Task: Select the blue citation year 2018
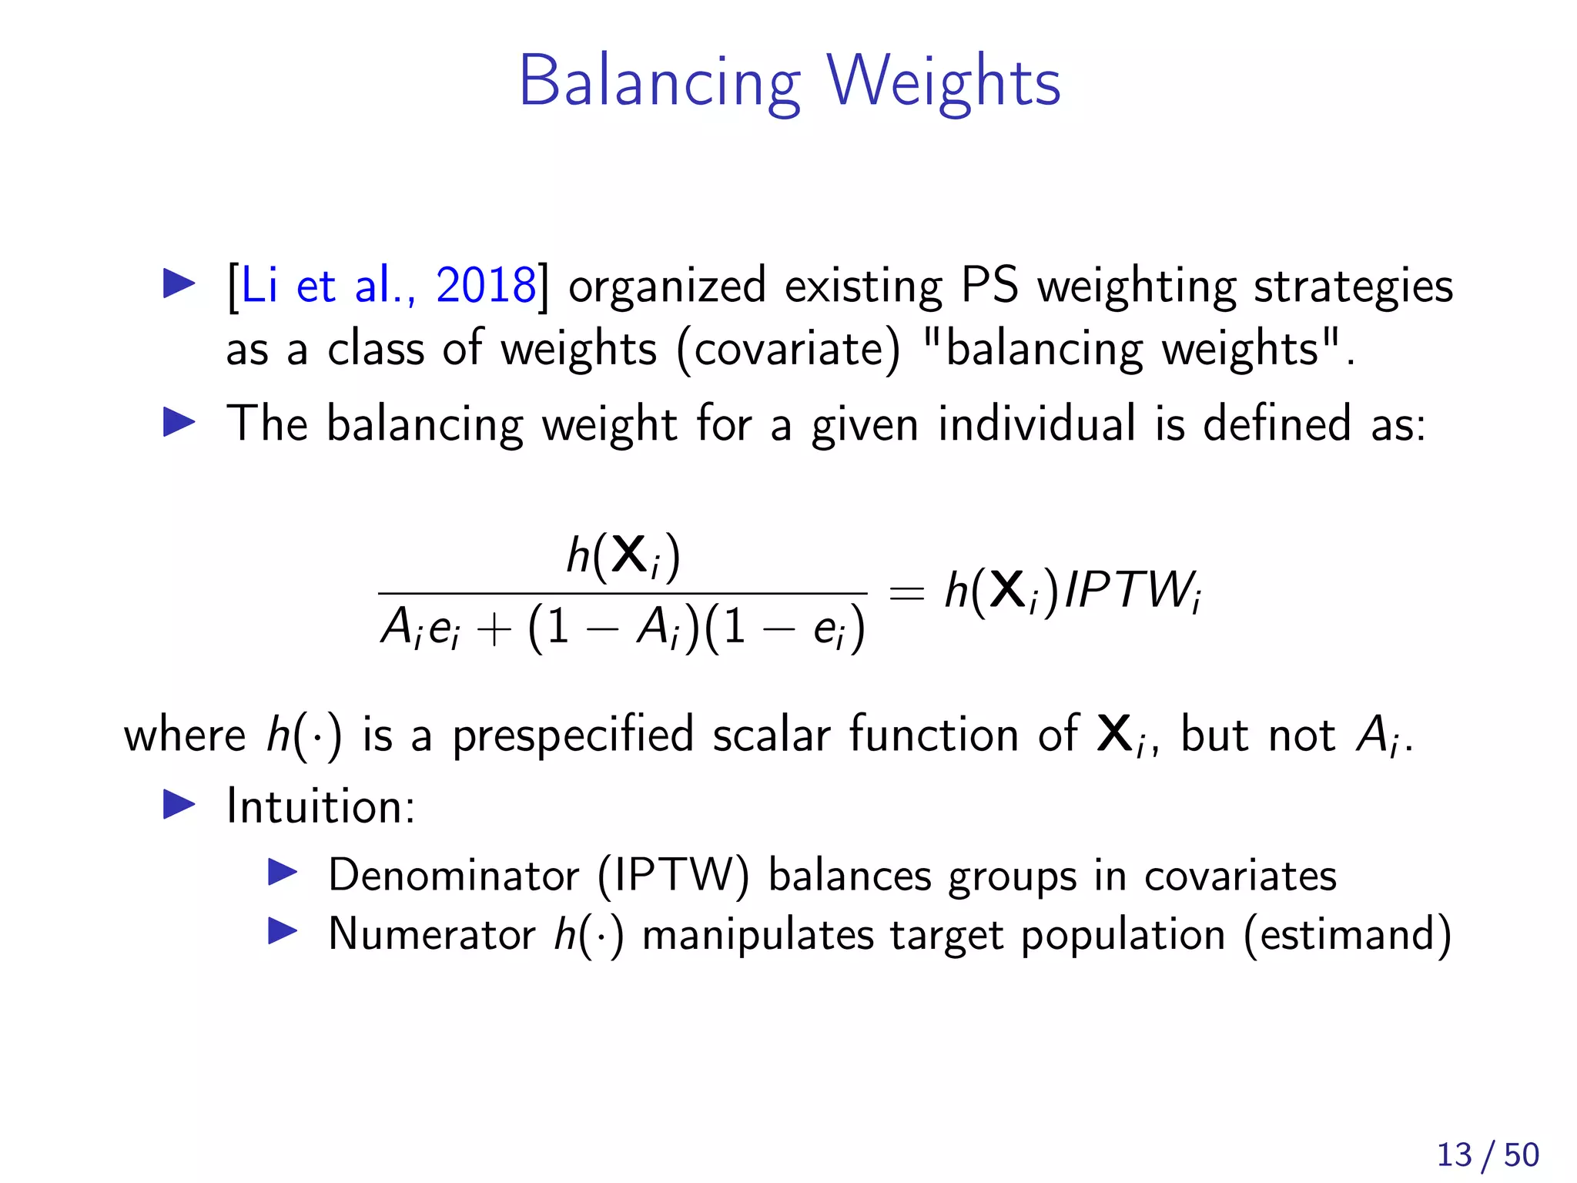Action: point(485,286)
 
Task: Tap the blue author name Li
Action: point(259,286)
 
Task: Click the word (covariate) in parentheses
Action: point(788,350)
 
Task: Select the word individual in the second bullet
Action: point(1036,424)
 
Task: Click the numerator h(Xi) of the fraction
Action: point(623,555)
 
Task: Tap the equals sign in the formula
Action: point(906,593)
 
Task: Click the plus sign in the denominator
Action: point(494,628)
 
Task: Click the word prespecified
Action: point(573,736)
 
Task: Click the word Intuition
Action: point(320,806)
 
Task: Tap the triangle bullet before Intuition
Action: point(179,806)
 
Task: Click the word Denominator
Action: point(454,876)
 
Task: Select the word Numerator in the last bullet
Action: point(431,934)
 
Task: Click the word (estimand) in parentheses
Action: point(1347,935)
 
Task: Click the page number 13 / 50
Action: point(1487,1155)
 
